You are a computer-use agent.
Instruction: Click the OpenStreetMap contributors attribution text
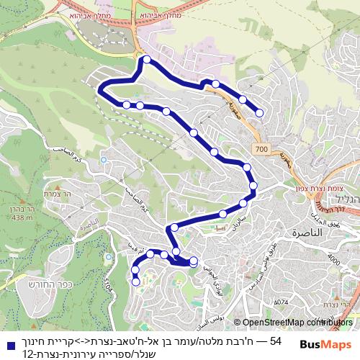tap(288, 323)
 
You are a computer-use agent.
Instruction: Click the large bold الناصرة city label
tap(307, 234)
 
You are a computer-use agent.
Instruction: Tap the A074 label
tap(281, 302)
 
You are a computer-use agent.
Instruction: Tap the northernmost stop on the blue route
tap(147, 60)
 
